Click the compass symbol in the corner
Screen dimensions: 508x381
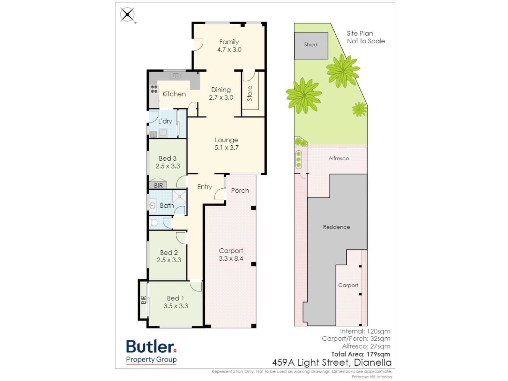point(128,15)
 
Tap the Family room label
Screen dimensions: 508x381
point(229,42)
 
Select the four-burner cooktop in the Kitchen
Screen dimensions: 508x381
point(154,89)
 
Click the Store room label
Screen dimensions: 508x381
point(250,93)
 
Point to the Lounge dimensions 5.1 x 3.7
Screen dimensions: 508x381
point(226,148)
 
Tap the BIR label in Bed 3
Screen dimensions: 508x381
point(158,185)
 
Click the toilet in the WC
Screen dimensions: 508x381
point(154,223)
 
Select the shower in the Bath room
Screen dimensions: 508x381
point(179,196)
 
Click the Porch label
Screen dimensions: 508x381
point(240,190)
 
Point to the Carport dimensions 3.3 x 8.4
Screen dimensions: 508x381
point(231,258)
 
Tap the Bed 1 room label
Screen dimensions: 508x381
point(175,298)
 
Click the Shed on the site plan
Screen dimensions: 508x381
point(311,46)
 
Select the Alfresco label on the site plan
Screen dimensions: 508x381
point(338,158)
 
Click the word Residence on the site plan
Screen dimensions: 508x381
point(336,227)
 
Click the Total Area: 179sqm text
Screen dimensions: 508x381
point(360,354)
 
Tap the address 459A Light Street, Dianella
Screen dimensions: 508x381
point(332,362)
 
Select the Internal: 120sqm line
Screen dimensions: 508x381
point(365,331)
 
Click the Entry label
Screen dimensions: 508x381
point(205,187)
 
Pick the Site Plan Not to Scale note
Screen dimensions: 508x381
point(366,37)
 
